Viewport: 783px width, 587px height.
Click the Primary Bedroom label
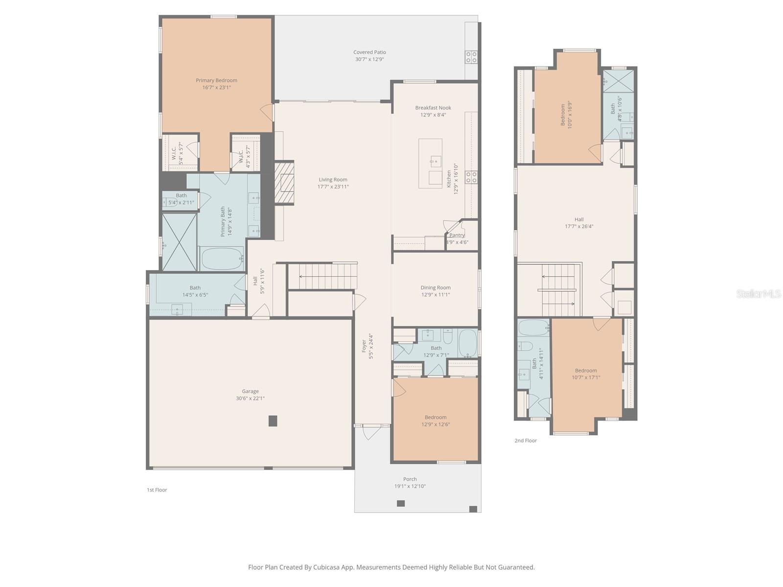(x=216, y=81)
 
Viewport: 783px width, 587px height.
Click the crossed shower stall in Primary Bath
(x=179, y=242)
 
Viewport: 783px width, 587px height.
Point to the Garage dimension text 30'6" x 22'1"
(x=250, y=398)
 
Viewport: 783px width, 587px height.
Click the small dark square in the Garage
(x=273, y=421)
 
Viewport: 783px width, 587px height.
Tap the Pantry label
(x=457, y=235)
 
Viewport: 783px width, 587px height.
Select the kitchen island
(x=430, y=163)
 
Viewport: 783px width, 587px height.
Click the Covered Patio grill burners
(x=471, y=57)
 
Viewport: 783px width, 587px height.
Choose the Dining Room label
(x=436, y=288)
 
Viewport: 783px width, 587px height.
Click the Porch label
(x=410, y=479)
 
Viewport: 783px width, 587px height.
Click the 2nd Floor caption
(x=526, y=441)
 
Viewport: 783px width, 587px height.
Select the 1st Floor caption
(x=157, y=490)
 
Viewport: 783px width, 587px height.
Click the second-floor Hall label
(x=579, y=220)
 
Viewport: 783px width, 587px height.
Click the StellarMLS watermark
(x=758, y=293)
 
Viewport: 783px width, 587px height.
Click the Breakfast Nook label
(x=433, y=108)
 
